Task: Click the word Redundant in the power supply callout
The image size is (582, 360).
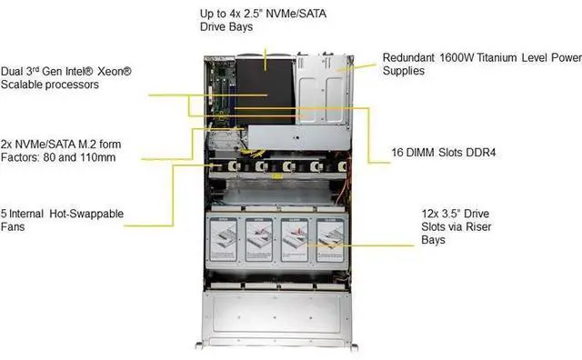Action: coord(409,55)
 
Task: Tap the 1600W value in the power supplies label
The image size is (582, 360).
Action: coord(460,55)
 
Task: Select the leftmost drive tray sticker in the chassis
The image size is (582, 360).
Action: coord(223,238)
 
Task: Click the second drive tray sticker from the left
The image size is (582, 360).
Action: coord(259,238)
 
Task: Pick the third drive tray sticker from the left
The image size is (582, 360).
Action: coord(296,238)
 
